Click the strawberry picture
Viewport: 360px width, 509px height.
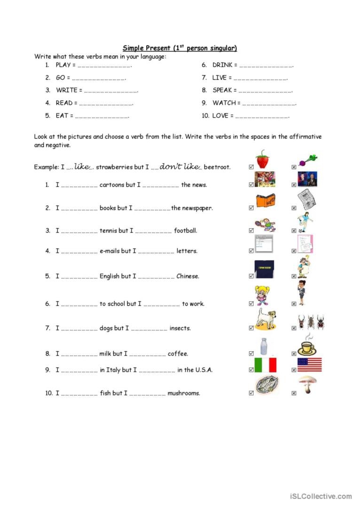tap(262, 159)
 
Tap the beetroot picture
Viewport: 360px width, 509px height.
tap(307, 160)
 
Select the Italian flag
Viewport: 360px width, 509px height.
tap(265, 365)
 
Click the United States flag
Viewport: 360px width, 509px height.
tap(309, 365)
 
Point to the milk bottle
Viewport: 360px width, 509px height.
tap(264, 346)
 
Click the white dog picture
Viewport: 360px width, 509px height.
tap(265, 319)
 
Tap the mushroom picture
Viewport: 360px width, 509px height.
tap(307, 384)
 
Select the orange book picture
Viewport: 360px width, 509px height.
tap(265, 201)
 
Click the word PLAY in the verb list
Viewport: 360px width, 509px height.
tap(63, 65)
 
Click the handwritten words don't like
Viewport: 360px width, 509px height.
tap(179, 166)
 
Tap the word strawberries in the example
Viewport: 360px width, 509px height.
tap(114, 167)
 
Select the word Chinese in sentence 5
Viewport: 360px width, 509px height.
tap(188, 276)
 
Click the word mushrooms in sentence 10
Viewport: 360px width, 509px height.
tap(183, 393)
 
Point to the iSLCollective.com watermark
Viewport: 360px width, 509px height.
tap(321, 496)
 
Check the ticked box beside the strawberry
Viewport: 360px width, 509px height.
tap(251, 167)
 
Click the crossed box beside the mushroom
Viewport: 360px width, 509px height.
tap(294, 393)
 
